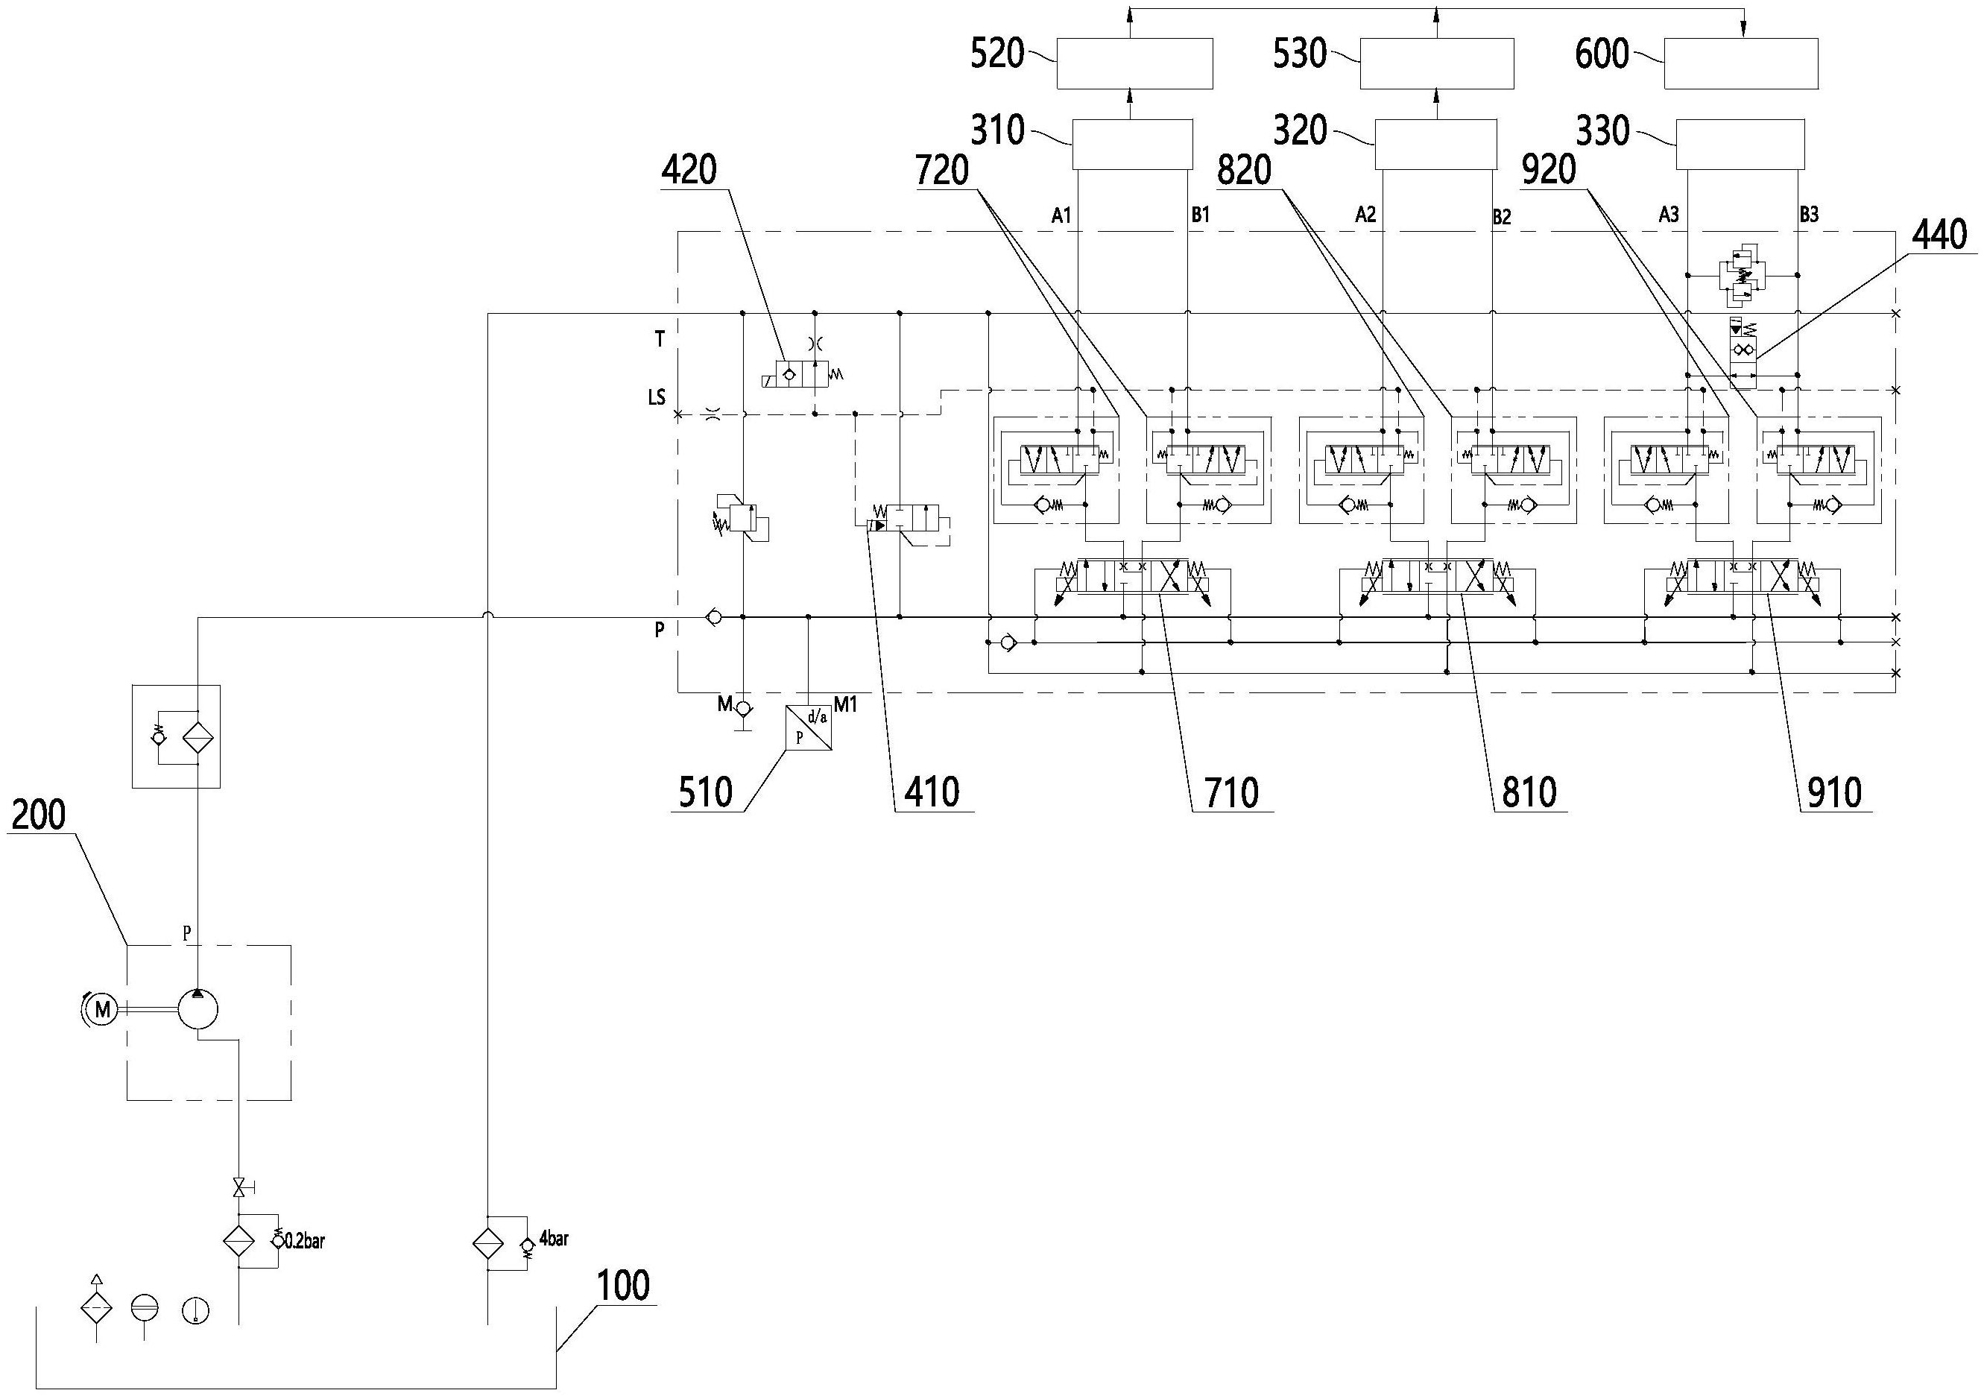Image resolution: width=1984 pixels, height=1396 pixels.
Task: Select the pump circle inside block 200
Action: (x=198, y=1008)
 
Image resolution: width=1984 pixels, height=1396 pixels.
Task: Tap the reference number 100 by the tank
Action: (x=624, y=1286)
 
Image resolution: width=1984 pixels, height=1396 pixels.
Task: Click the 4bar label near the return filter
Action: (x=554, y=1239)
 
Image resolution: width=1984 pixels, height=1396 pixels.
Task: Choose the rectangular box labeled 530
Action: (x=1436, y=63)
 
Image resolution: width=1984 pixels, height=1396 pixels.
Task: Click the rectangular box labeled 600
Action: (x=1741, y=63)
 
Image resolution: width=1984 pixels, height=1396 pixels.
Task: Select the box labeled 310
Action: (x=1132, y=145)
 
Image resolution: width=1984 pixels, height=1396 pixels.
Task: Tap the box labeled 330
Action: (x=1740, y=145)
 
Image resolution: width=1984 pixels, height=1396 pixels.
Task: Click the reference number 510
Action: (x=705, y=792)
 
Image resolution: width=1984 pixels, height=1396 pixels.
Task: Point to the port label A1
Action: (x=1061, y=216)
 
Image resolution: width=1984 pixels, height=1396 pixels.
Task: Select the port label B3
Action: (x=1809, y=215)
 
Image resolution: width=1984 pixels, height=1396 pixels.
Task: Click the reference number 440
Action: (x=1941, y=236)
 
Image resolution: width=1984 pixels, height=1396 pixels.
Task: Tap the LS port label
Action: (x=657, y=397)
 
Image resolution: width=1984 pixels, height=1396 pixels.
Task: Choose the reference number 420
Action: (x=689, y=170)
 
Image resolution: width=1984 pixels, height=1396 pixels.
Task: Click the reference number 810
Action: (x=1529, y=792)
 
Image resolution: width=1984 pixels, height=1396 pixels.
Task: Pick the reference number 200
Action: (x=39, y=815)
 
